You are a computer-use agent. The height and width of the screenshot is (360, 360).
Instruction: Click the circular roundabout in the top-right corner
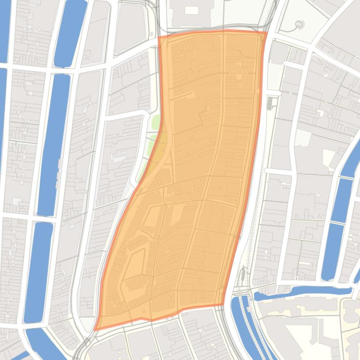(x=299, y=24)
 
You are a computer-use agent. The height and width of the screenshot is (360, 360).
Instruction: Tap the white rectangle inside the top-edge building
(x=191, y=10)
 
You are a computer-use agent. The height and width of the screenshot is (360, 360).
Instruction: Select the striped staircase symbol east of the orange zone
(x=271, y=103)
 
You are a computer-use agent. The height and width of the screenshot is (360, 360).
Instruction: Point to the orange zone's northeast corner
(x=266, y=32)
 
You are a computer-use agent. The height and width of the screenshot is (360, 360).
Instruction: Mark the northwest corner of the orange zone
(x=160, y=37)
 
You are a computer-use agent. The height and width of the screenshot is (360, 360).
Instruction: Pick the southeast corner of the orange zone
(x=222, y=305)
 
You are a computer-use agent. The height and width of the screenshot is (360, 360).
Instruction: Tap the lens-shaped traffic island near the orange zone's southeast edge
(x=242, y=276)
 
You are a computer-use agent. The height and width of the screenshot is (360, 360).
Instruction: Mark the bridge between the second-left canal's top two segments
(x=64, y=70)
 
